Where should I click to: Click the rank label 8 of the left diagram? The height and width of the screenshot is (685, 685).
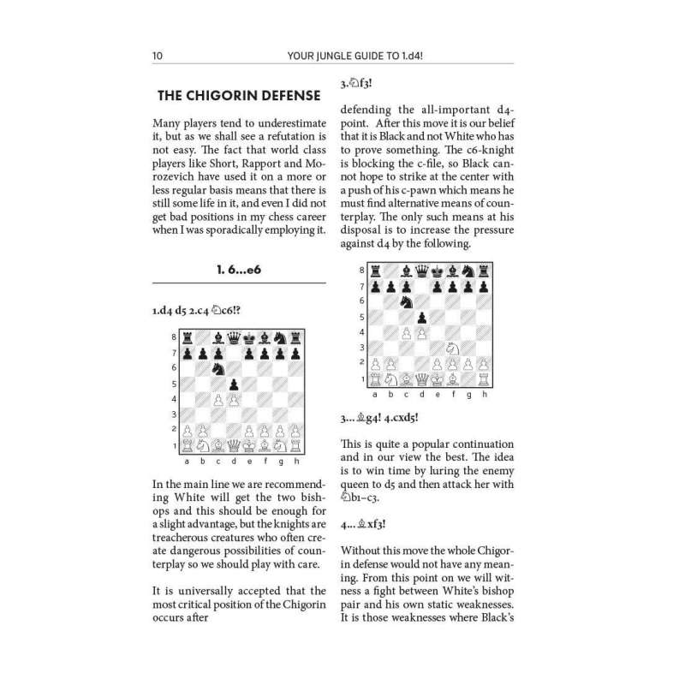click(x=176, y=337)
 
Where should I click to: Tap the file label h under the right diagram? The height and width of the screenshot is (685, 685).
click(x=485, y=394)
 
